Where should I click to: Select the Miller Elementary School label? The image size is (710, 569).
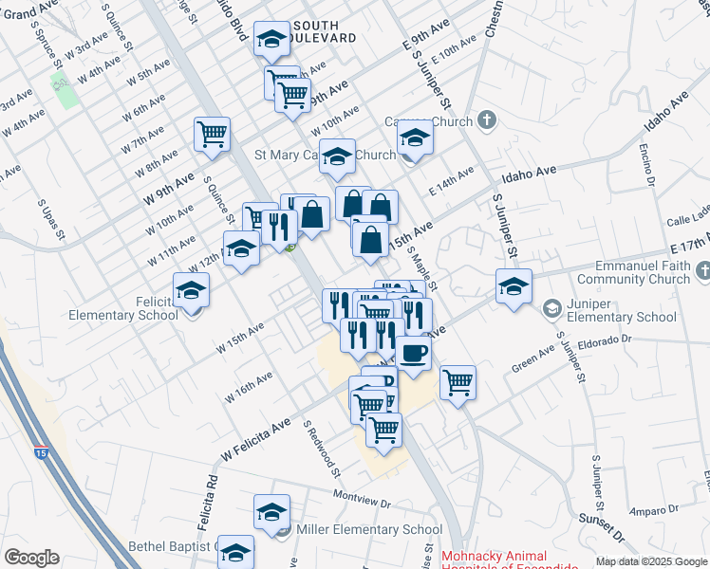[x=370, y=530]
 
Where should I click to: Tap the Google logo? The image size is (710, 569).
[x=31, y=558]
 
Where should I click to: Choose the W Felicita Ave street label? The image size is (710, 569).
[x=255, y=442]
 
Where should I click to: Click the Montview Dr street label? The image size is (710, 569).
[x=363, y=495]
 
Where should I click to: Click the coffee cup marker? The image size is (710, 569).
[x=413, y=354]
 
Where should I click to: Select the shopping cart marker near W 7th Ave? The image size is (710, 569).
[x=212, y=133]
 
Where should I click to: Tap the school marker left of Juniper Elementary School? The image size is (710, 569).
[x=514, y=286]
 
